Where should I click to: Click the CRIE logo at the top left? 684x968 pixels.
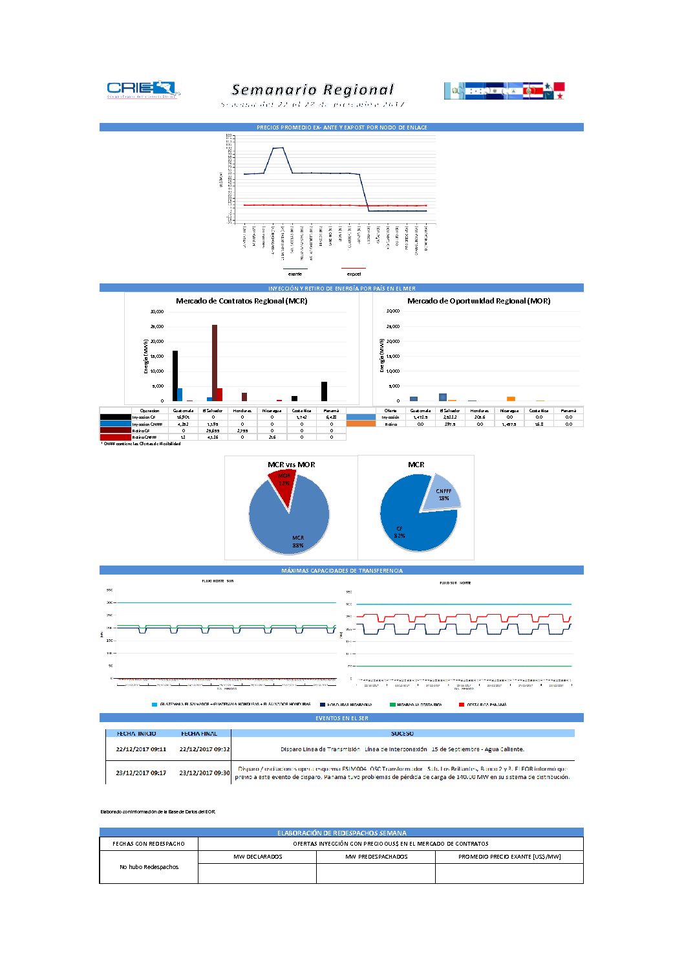pos(143,89)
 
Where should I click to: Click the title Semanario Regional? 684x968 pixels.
pos(312,90)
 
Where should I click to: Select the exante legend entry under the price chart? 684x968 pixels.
pos(295,274)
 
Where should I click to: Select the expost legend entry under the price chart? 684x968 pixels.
pos(354,274)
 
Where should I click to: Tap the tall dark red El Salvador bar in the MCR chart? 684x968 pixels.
pos(215,362)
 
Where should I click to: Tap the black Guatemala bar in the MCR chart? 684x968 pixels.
pos(175,375)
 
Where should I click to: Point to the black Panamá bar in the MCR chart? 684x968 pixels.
pos(324,391)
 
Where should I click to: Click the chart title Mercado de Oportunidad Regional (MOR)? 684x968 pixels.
pos(478,301)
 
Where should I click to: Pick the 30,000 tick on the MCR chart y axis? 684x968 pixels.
pos(157,312)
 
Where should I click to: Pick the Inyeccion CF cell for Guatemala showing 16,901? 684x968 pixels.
pos(183,417)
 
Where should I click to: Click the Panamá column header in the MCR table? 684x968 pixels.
pos(331,410)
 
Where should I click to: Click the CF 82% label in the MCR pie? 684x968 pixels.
pos(400,533)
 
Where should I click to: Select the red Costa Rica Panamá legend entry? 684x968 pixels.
pos(486,705)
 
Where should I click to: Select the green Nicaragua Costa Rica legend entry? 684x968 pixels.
pos(418,705)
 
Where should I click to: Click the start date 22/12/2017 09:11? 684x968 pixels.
pos(141,749)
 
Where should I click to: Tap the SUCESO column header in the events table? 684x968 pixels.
pos(402,734)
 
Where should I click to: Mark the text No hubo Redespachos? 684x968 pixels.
pos(149,867)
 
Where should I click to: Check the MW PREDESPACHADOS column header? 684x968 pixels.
pos(376,857)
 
